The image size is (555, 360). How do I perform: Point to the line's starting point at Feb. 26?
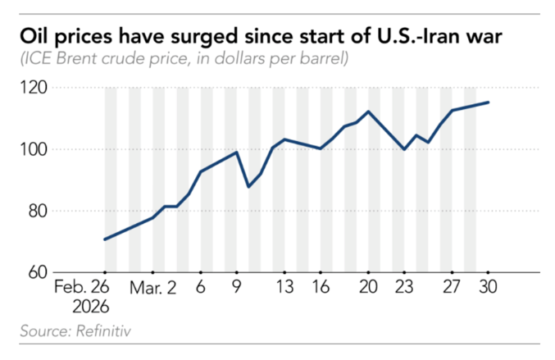click(105, 239)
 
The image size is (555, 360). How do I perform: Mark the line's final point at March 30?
click(489, 103)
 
